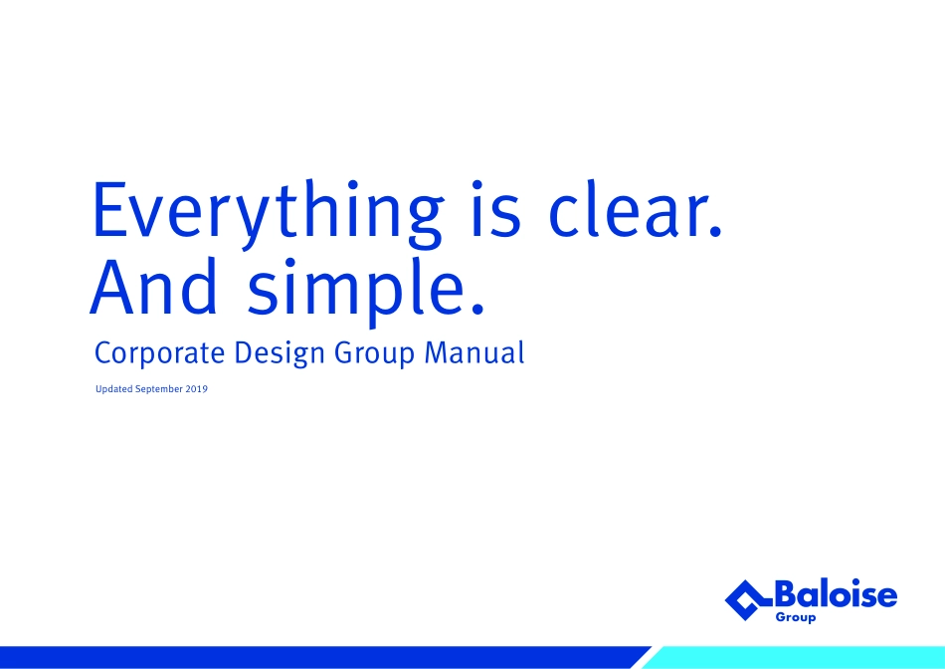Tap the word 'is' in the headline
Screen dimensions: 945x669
[495, 208]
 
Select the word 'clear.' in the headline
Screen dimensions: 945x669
[636, 207]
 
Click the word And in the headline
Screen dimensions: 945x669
[153, 286]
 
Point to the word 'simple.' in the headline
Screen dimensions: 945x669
[366, 292]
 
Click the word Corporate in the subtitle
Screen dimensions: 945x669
[160, 353]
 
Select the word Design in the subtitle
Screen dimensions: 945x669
[280, 353]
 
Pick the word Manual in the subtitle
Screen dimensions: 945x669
[474, 352]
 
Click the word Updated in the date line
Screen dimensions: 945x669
[114, 389]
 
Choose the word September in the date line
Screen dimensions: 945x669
[158, 389]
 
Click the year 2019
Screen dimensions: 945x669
[197, 389]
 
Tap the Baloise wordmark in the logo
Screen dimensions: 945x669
[836, 593]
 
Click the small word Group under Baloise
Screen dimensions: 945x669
[796, 617]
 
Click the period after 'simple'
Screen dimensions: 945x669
[477, 309]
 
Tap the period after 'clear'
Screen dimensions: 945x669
[715, 230]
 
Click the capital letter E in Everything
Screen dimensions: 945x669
[110, 208]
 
